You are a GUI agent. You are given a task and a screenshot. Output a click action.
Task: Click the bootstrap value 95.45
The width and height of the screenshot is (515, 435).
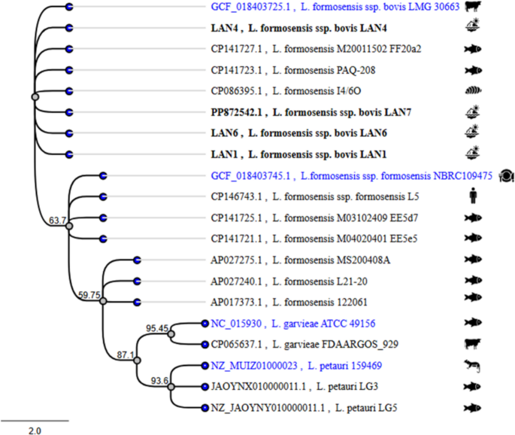[x=156, y=328]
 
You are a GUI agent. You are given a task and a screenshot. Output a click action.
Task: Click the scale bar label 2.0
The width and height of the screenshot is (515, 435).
[x=35, y=430]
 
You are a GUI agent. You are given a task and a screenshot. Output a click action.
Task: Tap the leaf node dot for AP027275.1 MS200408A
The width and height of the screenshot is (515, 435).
[x=137, y=260]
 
